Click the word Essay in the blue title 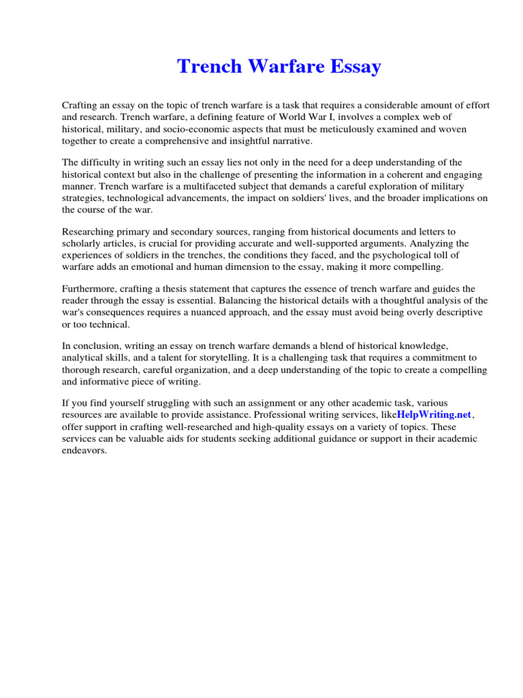coord(353,67)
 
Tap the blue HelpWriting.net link coord(434,415)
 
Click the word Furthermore coord(90,289)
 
